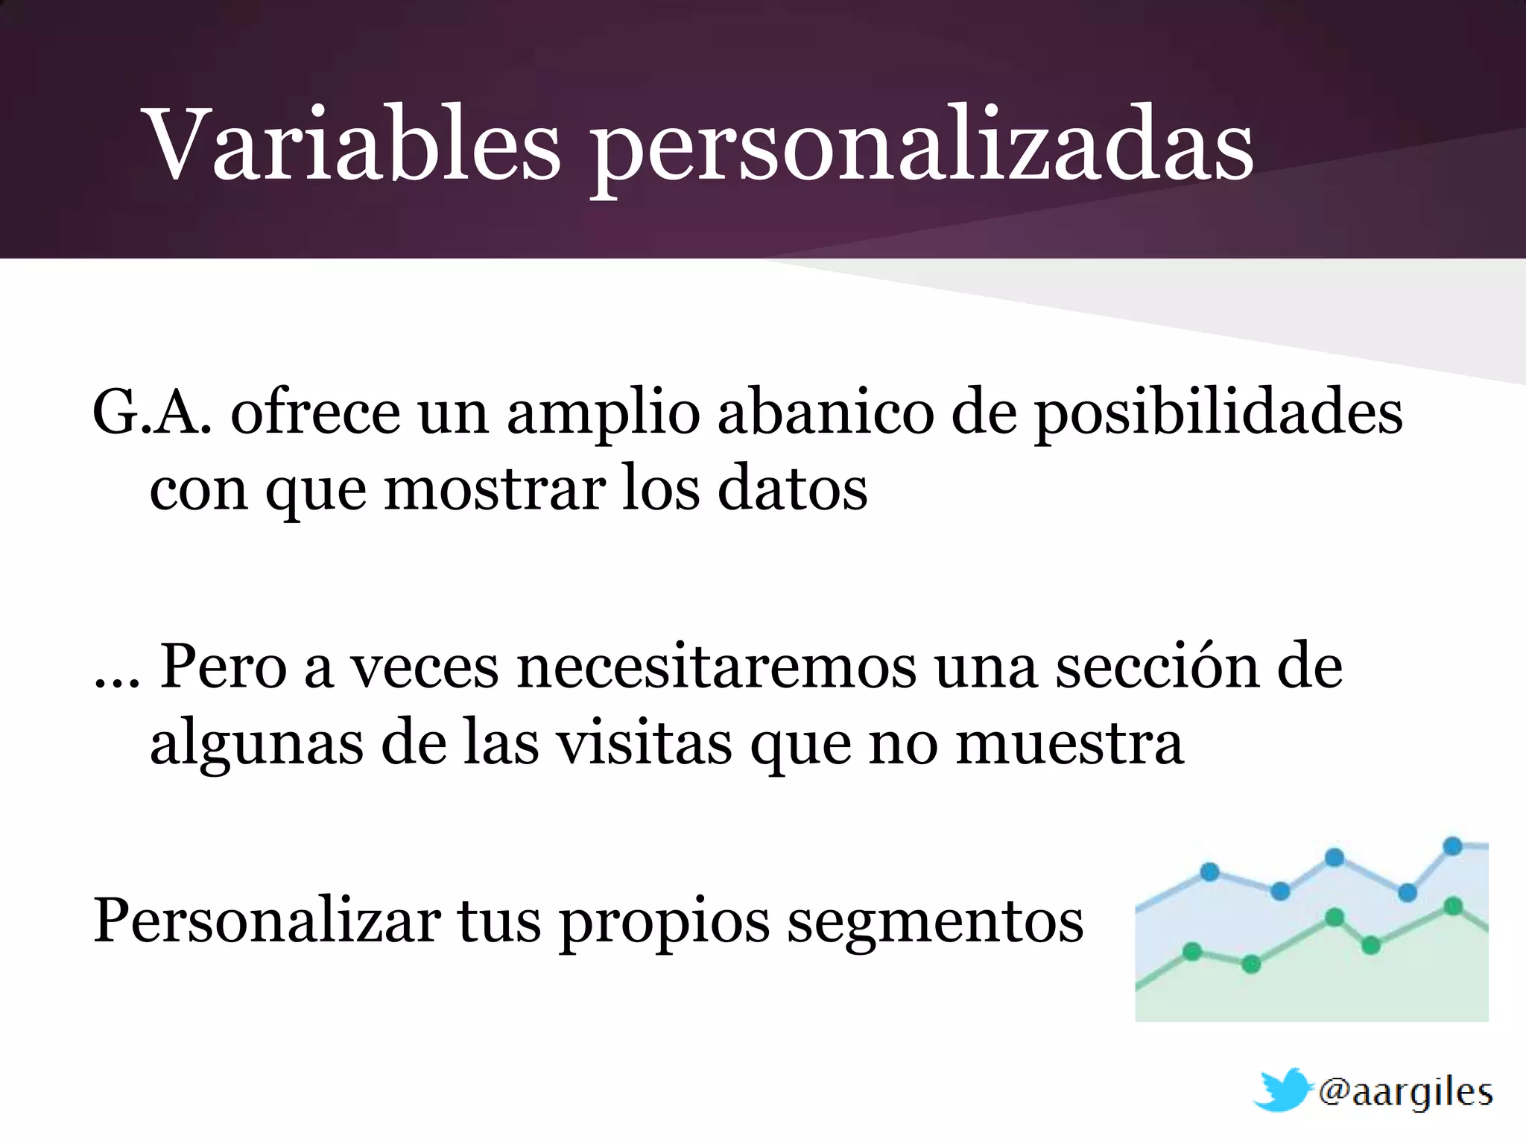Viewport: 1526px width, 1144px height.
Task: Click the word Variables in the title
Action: coord(354,145)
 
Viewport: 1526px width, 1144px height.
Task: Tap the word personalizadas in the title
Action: coord(922,149)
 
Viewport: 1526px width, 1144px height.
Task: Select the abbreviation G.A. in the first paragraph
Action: coord(152,413)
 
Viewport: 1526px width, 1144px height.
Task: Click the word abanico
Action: coord(825,413)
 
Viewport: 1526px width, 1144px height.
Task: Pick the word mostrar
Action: coord(495,490)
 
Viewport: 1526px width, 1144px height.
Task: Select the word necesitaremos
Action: coord(716,667)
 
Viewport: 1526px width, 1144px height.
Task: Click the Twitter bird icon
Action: coord(1282,1090)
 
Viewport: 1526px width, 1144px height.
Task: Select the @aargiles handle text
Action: coord(1405,1093)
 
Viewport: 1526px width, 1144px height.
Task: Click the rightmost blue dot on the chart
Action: coord(1453,846)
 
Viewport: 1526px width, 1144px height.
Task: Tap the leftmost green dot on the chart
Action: coord(1193,951)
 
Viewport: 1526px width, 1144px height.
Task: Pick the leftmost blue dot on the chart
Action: coord(1210,871)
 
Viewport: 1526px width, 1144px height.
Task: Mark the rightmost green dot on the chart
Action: coord(1453,907)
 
